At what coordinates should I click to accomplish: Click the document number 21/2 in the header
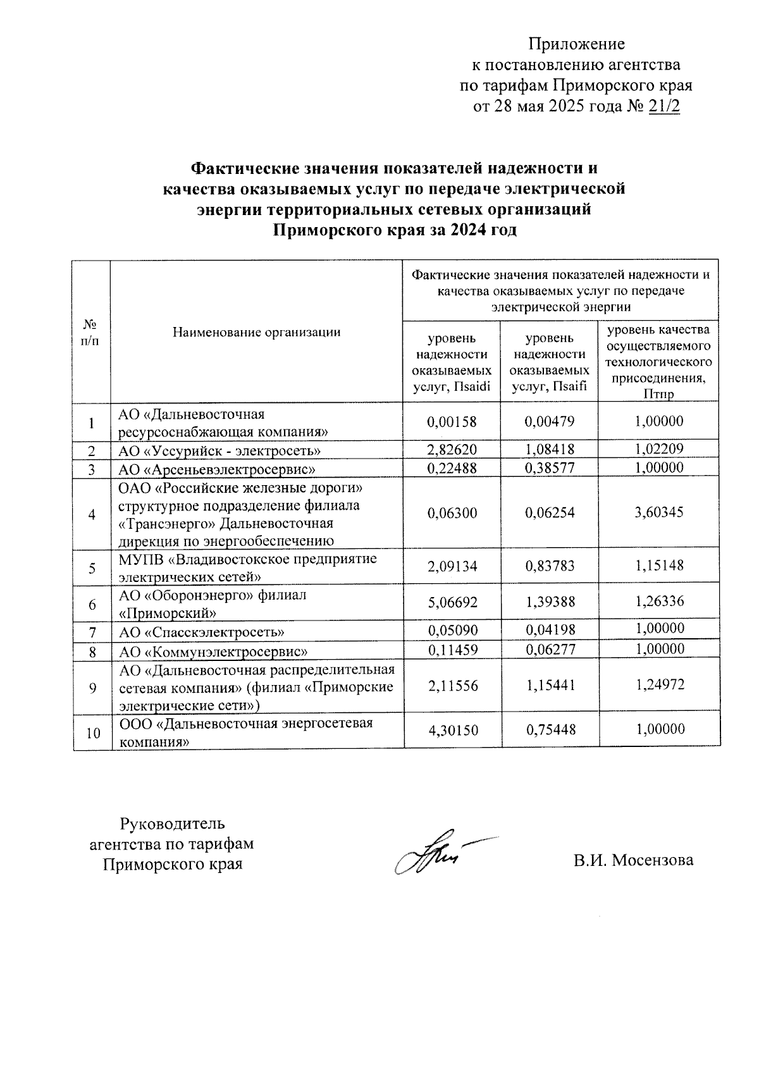click(663, 106)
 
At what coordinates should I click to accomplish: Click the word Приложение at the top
click(576, 44)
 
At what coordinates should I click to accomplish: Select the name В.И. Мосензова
click(633, 860)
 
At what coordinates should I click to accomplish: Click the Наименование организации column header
click(257, 331)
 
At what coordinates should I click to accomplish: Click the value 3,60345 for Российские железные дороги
click(659, 512)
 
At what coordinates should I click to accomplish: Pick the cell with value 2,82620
click(452, 450)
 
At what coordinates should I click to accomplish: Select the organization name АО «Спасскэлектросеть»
click(202, 632)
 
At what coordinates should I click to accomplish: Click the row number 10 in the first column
click(92, 733)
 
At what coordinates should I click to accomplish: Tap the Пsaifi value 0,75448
click(550, 730)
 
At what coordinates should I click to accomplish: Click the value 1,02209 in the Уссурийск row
click(659, 450)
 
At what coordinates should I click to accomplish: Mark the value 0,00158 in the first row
click(452, 422)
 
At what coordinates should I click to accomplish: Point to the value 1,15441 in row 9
click(550, 685)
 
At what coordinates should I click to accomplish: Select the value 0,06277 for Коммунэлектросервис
click(550, 650)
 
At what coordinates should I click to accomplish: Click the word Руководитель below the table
click(173, 824)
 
